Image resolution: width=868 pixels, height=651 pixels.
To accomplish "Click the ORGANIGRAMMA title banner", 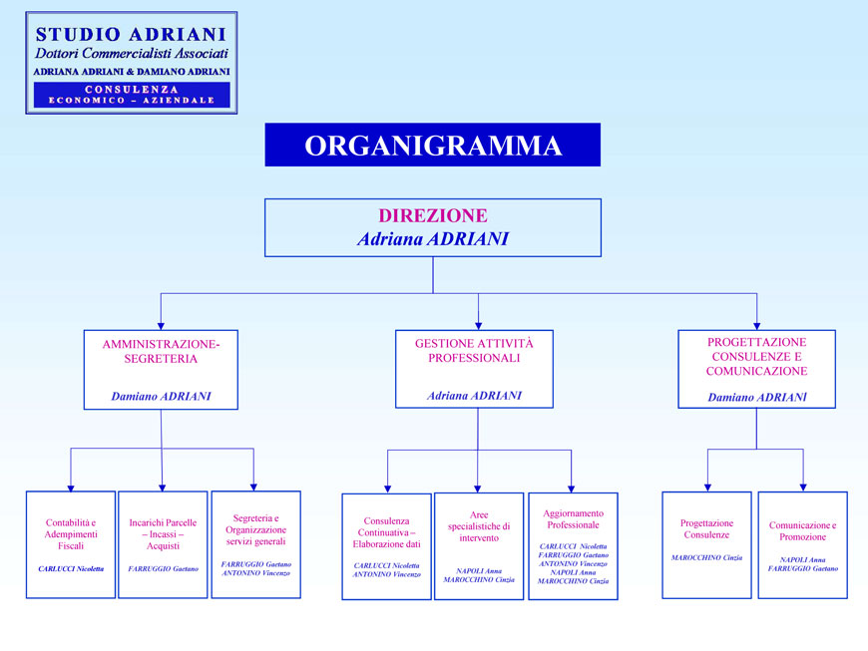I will [x=432, y=145].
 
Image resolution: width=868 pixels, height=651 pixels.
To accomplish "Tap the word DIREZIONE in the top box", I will [x=432, y=215].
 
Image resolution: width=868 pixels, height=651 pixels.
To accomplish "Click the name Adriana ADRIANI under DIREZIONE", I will [x=432, y=239].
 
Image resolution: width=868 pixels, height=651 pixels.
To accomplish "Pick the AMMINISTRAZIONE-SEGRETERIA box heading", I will [x=161, y=351].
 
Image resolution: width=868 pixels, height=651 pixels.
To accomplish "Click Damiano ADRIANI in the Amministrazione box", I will [x=161, y=396].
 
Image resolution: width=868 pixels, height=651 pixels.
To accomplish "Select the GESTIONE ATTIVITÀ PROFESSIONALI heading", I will [x=474, y=350].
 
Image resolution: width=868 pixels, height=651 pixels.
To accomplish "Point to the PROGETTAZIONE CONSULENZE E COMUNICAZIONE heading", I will [x=756, y=356].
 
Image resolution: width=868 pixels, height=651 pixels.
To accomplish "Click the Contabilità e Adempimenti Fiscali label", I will [x=71, y=533].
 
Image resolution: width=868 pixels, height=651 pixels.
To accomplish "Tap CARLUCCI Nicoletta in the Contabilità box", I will [x=71, y=569].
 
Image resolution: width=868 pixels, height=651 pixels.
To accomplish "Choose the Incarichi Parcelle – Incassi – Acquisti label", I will [x=163, y=533].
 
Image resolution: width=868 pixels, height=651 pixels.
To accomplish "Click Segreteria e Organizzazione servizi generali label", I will [x=255, y=529].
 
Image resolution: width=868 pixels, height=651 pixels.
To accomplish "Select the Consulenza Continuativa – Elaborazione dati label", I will [x=386, y=531].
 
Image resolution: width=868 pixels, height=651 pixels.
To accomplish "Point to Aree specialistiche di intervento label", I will [x=479, y=525].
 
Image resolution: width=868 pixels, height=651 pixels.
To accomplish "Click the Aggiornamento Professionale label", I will [x=573, y=518].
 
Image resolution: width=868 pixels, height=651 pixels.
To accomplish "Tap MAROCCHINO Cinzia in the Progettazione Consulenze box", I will [x=706, y=557].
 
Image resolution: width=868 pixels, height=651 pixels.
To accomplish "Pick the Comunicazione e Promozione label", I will [x=802, y=530].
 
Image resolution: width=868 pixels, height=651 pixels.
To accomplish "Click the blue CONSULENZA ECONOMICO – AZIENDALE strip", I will [x=132, y=95].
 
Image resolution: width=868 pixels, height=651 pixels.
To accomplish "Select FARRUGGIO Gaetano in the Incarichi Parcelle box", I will [x=163, y=568].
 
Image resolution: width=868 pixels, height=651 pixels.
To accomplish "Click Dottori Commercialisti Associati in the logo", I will [x=132, y=53].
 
